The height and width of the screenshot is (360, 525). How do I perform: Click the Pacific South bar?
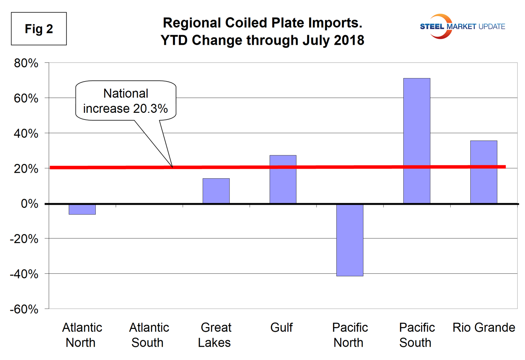click(417, 141)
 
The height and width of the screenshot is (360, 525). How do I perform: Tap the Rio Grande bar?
click(484, 172)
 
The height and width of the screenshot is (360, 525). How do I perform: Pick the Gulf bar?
click(283, 179)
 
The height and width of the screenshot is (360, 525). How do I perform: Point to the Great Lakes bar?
click(216, 191)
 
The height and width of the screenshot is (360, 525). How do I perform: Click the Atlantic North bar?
click(82, 209)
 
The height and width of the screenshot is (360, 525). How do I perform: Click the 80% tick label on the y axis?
click(26, 63)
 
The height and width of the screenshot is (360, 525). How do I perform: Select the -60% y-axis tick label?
click(24, 309)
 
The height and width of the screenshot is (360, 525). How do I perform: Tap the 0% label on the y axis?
click(30, 203)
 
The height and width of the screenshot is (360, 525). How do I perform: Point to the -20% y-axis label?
click(24, 239)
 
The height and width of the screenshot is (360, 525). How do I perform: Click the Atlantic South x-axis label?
click(149, 335)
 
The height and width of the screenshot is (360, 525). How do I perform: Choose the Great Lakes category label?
click(215, 335)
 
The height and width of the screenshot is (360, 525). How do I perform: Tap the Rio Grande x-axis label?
click(484, 327)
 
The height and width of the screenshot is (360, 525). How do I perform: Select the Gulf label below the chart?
click(281, 327)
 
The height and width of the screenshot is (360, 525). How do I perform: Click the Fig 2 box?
click(39, 29)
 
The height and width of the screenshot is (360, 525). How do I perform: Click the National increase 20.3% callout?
click(126, 101)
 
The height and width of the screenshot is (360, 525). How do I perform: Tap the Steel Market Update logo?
click(462, 26)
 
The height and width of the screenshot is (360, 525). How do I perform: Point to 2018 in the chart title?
click(349, 40)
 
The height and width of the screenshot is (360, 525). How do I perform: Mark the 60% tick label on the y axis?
click(26, 98)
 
